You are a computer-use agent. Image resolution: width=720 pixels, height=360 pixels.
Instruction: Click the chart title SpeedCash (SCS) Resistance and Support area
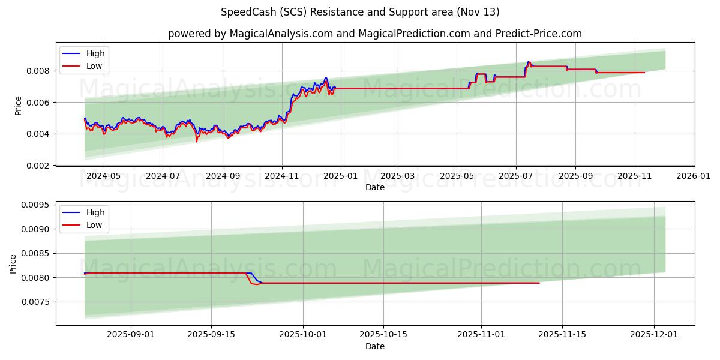pos(360,12)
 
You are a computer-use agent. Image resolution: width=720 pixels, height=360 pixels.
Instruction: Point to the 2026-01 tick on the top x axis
pos(694,177)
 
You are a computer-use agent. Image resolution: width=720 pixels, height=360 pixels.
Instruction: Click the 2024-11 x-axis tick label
pos(281,177)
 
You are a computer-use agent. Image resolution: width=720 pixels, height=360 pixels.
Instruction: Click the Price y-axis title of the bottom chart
pos(13,263)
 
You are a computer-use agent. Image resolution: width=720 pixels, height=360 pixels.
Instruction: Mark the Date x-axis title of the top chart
pos(375,188)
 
